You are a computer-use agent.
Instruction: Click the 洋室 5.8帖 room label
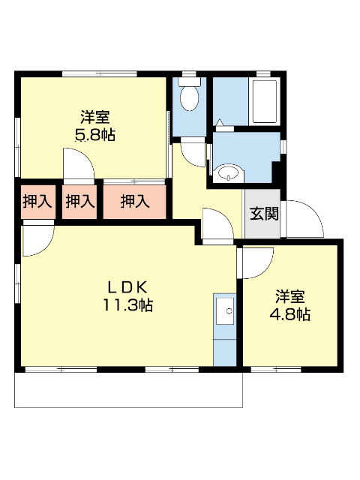(x=96, y=126)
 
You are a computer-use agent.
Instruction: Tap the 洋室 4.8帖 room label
(x=289, y=304)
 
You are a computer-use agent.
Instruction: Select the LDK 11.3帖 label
(x=128, y=295)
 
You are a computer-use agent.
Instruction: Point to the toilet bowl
(x=190, y=97)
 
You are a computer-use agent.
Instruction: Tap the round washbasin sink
(x=227, y=174)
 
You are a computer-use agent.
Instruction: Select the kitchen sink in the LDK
(x=224, y=310)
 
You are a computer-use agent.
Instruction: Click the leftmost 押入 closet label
(x=37, y=201)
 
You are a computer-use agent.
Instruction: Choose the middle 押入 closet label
(x=79, y=201)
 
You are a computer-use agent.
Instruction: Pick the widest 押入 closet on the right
(x=135, y=201)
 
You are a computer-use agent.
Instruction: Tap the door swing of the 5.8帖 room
(x=79, y=163)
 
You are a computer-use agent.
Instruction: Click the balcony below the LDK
(x=127, y=388)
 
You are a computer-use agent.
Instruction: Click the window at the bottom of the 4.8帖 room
(x=276, y=368)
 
